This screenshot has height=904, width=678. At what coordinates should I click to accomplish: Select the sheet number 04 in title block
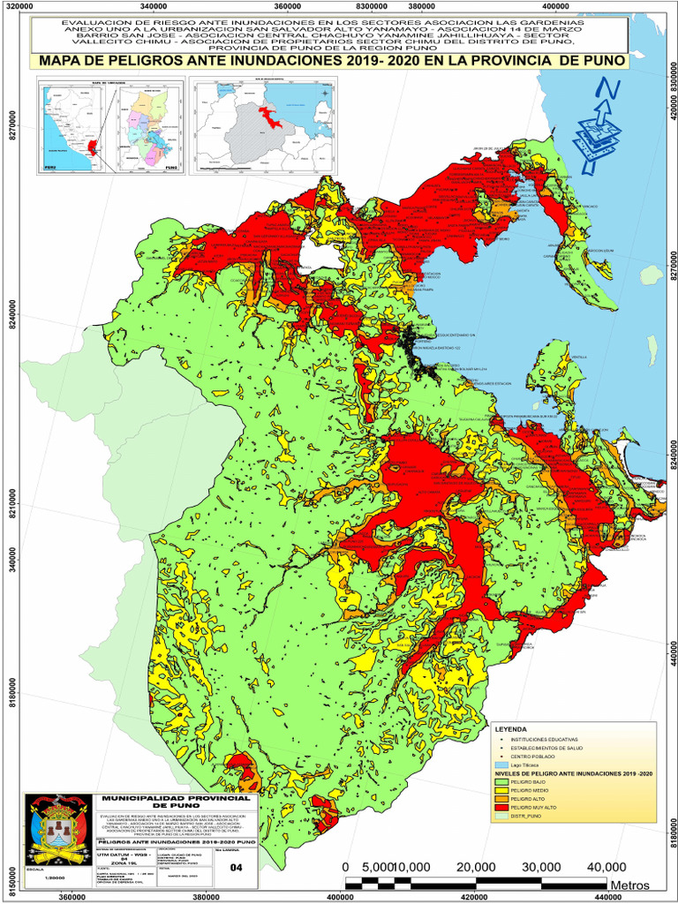pyautogui.click(x=236, y=868)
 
